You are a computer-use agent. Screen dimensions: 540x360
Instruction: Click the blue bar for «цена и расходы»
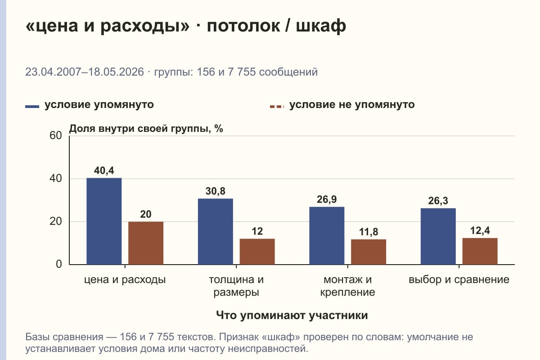(104, 221)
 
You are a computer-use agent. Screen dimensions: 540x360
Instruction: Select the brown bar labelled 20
(146, 243)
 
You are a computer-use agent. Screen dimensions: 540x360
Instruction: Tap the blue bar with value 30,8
(215, 231)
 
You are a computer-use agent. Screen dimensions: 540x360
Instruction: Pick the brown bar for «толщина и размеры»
(257, 252)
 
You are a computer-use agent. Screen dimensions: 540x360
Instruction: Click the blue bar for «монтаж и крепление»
(327, 236)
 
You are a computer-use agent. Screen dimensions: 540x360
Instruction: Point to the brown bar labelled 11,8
(369, 252)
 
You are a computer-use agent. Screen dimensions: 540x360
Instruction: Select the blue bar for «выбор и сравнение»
(438, 236)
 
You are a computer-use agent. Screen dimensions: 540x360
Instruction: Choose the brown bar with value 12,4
(480, 251)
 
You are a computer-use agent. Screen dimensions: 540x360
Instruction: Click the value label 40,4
(104, 171)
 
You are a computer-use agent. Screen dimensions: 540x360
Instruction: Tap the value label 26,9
(327, 199)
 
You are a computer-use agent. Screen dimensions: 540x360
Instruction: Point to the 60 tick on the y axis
(56, 135)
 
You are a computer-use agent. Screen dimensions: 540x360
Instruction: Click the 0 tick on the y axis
(59, 265)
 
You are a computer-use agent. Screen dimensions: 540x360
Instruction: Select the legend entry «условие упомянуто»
(90, 105)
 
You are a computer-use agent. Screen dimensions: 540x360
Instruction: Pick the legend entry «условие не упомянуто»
(342, 105)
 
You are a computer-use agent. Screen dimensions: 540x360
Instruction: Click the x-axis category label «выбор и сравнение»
(459, 280)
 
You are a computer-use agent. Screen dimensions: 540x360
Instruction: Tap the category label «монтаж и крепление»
(347, 286)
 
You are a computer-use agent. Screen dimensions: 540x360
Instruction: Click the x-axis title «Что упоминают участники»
(292, 315)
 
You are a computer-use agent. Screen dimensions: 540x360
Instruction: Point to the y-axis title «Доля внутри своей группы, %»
(146, 129)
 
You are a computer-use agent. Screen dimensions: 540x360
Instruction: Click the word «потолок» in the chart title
(243, 26)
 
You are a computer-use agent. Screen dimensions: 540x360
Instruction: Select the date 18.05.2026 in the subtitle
(116, 72)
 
